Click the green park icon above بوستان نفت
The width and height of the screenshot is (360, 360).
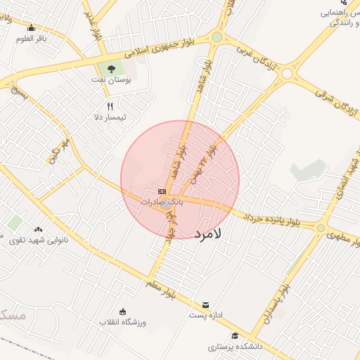click(110, 68)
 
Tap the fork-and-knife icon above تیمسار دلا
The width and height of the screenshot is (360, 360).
click(110, 106)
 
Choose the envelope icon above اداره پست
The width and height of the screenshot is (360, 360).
click(205, 305)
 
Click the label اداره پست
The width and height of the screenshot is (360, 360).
click(205, 316)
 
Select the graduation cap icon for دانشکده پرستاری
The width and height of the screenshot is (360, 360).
click(235, 336)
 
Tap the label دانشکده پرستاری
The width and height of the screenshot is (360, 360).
click(235, 347)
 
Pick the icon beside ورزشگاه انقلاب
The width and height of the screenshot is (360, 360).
click(123, 311)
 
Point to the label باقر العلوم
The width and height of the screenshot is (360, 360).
click(31, 39)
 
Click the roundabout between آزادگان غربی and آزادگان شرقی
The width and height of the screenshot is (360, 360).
click(286, 73)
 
